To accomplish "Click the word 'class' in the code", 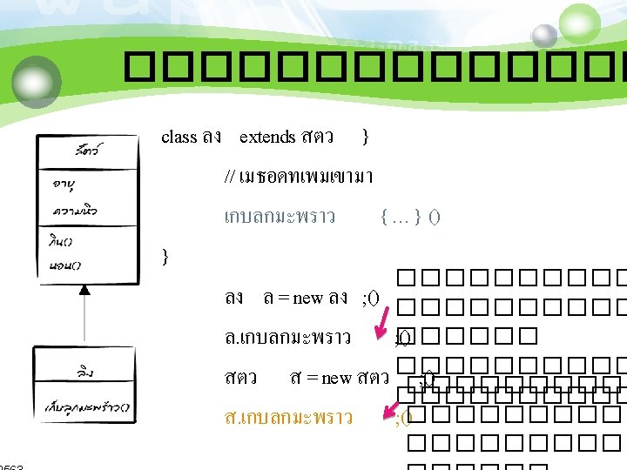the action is coord(179,137).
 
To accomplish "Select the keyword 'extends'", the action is coord(267,137).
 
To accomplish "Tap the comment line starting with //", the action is coord(299,177).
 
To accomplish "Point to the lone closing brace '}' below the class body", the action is coord(166,256).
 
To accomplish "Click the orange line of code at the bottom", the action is coord(288,418).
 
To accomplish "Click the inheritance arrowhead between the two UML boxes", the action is coord(84,291).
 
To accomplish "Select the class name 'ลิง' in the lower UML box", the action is coord(84,372).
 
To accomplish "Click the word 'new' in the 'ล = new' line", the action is coord(307,299).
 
